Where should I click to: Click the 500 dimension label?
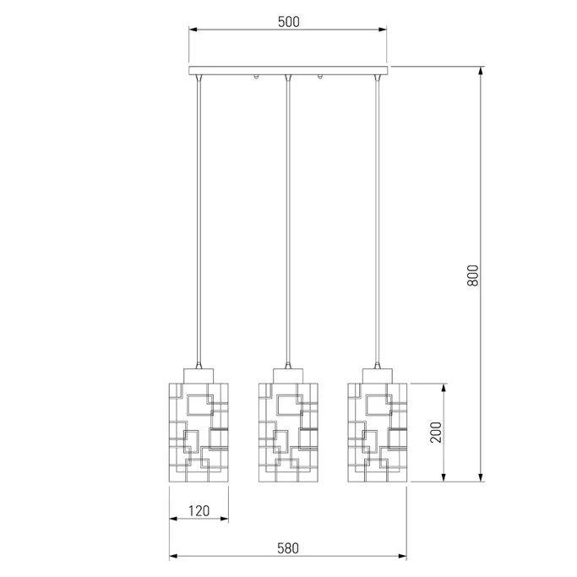click(x=289, y=22)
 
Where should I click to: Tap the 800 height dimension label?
click(x=473, y=275)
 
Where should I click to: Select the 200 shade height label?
click(x=436, y=433)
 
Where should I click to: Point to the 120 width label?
click(x=199, y=511)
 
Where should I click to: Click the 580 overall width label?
click(x=288, y=548)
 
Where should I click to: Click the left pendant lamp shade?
click(x=199, y=433)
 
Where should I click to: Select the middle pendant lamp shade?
click(x=288, y=433)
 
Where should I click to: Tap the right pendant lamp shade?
click(x=377, y=433)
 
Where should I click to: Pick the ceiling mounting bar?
click(x=288, y=71)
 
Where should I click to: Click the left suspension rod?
click(x=199, y=220)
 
